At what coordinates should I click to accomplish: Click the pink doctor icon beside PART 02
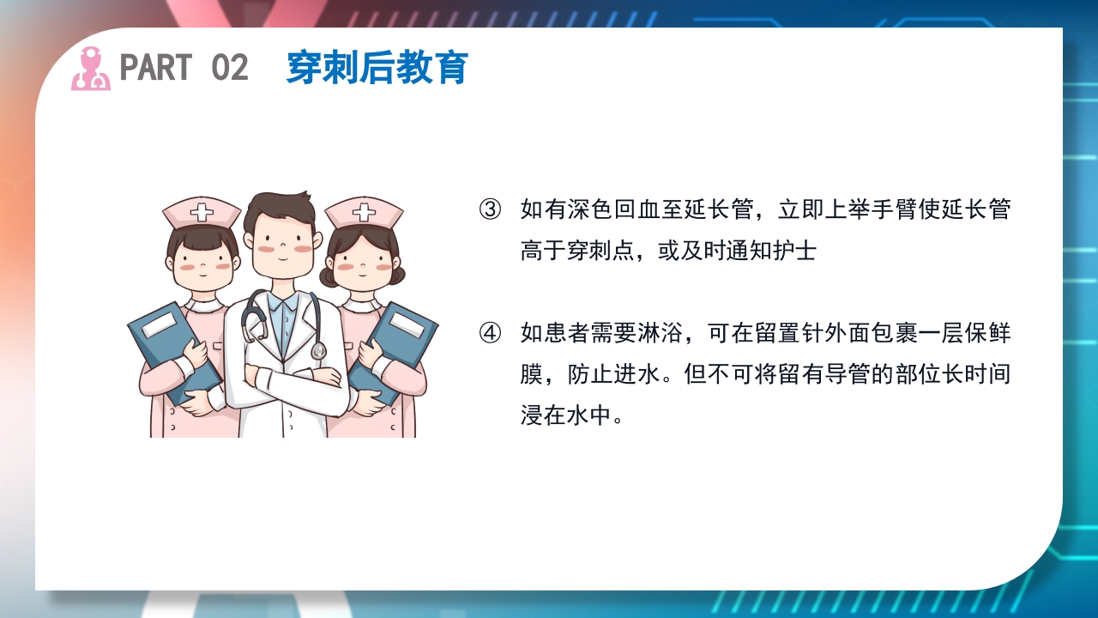(x=90, y=69)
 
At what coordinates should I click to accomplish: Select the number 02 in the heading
(x=229, y=68)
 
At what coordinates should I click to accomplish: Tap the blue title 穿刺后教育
(x=377, y=68)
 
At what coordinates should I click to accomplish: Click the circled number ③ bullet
(x=490, y=209)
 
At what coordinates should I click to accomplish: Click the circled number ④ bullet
(x=490, y=333)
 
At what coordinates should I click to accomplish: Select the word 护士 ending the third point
(x=795, y=251)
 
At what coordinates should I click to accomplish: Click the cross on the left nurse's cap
(x=202, y=212)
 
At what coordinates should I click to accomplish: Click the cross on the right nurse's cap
(x=364, y=212)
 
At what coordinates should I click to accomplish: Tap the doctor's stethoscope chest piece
(x=318, y=350)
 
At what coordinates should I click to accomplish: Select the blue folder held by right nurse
(x=395, y=343)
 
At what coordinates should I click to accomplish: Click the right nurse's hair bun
(x=397, y=275)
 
